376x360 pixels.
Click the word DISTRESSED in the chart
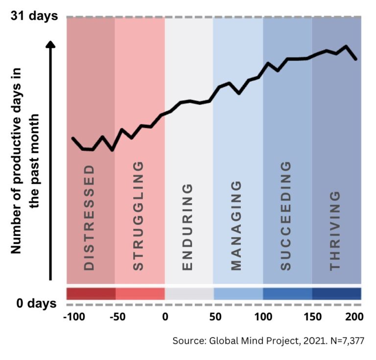point(89,217)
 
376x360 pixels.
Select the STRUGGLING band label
point(139,216)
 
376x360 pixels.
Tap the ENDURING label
point(188,227)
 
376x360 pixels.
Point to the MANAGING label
point(236,225)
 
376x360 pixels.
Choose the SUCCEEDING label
point(286,216)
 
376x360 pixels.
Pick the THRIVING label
point(335,230)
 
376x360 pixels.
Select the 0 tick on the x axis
point(165,316)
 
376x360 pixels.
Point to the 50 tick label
point(214,316)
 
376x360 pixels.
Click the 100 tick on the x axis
point(263,316)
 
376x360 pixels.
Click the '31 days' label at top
point(34,16)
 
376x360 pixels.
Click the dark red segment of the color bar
point(91,293)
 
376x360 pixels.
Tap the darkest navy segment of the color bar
point(337,293)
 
